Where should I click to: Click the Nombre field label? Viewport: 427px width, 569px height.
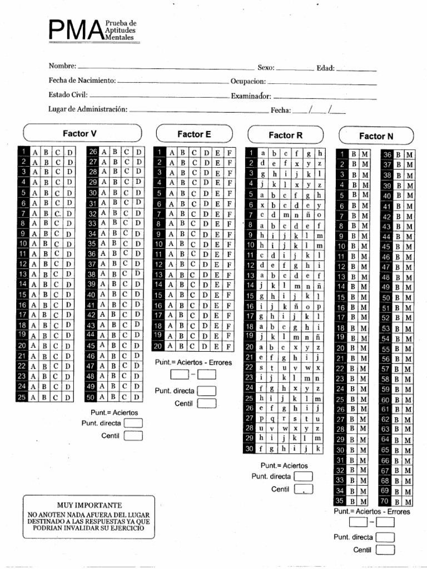pos(62,67)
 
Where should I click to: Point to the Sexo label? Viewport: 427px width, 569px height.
pos(266,68)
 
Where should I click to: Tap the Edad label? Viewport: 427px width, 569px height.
pos(325,68)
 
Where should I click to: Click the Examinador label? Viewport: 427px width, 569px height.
pos(251,96)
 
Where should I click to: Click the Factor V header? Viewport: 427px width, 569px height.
pos(81,133)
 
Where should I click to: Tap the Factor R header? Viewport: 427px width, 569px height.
pos(285,135)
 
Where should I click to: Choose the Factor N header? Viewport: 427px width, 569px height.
pos(376,136)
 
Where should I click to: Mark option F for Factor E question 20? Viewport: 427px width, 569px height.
pos(229,346)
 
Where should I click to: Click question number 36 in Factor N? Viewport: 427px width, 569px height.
pos(387,154)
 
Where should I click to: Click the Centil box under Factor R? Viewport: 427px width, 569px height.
pos(304,489)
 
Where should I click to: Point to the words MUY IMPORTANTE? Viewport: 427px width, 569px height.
pos(88,505)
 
